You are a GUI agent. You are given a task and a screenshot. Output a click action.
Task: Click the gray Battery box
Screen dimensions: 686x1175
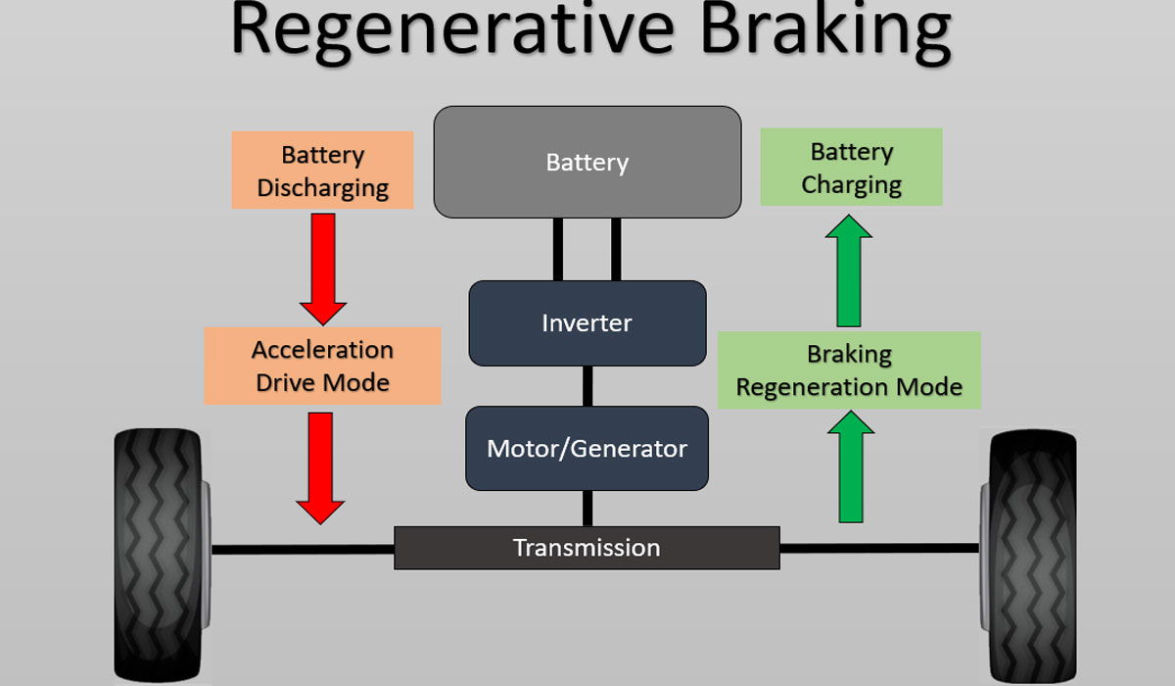[587, 162]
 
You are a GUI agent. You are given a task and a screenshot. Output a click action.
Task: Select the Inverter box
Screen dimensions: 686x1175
[587, 322]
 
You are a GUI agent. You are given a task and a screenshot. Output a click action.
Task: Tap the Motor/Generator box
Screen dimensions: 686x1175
[587, 449]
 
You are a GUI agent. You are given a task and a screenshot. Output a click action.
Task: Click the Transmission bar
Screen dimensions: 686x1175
[587, 547]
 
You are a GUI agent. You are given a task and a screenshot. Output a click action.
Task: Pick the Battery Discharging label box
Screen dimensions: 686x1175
[322, 171]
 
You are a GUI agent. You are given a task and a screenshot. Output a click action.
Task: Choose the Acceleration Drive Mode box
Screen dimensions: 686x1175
[322, 366]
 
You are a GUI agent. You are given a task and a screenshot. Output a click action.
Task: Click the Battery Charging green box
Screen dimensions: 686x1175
[851, 168]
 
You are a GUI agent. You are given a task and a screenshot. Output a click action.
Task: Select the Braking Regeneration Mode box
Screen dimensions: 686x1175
[849, 370]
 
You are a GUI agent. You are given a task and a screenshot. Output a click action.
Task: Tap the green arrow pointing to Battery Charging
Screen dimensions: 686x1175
[848, 271]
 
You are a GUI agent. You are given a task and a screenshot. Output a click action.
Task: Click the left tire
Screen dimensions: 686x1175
[162, 554]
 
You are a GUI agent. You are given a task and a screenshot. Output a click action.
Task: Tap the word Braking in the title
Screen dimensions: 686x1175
[822, 31]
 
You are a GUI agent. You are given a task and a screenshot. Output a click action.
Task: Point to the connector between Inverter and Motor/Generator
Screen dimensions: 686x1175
[587, 386]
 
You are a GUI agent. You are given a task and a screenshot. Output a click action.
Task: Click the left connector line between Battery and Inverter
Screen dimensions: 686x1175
[558, 249]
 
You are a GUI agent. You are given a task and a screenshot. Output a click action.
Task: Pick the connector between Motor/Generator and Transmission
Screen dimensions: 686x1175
[587, 508]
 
